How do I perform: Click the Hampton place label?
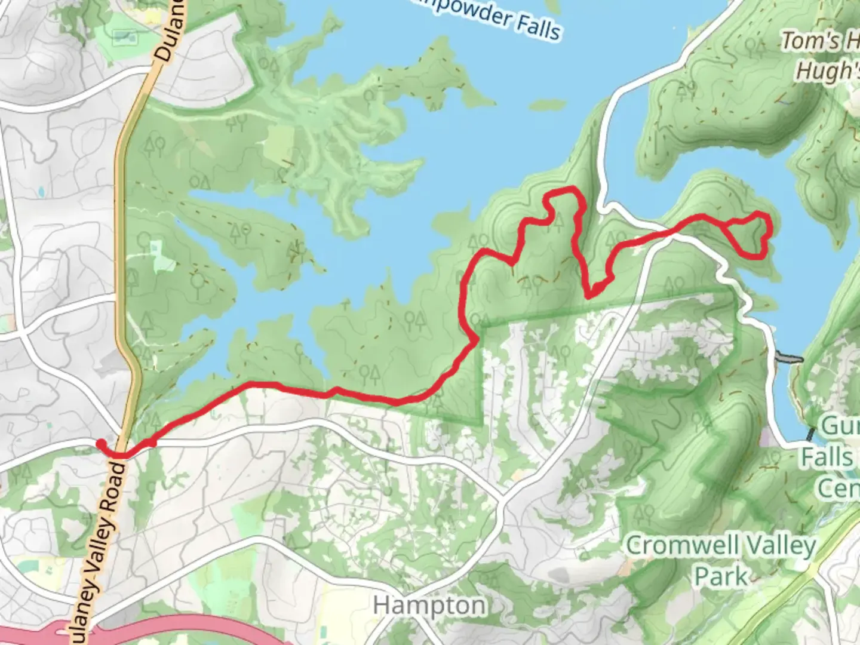coord(429,606)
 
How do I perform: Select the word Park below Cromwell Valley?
coord(721,577)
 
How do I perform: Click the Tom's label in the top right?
coord(810,41)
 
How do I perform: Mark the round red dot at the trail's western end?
coord(102,443)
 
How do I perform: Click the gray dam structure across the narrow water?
coord(788,358)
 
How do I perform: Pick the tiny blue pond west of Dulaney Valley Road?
coord(40,193)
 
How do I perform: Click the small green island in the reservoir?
coord(547,106)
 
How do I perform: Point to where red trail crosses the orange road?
coord(121,455)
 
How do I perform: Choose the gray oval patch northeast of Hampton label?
coord(560,575)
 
